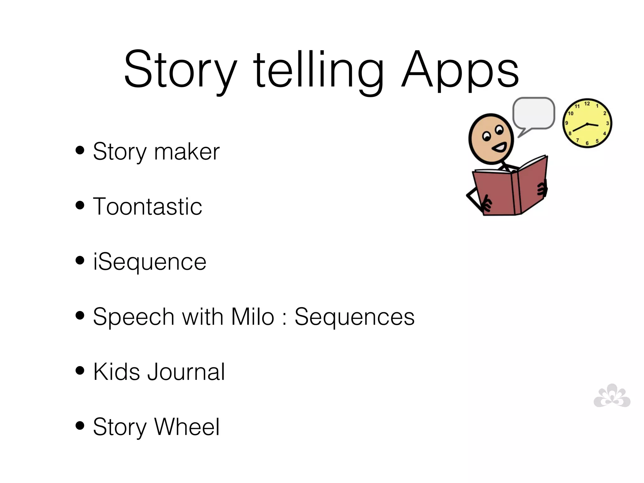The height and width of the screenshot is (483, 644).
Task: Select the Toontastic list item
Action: coord(147,207)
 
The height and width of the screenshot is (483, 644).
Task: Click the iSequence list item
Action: coord(150,262)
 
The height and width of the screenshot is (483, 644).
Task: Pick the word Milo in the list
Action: coord(253,317)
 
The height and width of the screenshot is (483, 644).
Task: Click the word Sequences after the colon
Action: coord(354,317)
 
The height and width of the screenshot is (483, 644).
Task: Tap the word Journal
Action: coord(186,372)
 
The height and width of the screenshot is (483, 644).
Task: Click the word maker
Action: coord(187,152)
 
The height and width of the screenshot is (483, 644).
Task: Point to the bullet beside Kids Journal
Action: coord(80,370)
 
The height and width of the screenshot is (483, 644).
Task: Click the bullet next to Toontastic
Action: coord(80,205)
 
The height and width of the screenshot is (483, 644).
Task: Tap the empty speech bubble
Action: coord(534,113)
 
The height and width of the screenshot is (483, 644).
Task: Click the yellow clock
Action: coord(587,123)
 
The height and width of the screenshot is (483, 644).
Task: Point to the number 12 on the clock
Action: coord(587,103)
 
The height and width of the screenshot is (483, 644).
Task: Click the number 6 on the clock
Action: coord(587,143)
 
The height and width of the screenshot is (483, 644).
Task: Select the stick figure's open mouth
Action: coord(499,147)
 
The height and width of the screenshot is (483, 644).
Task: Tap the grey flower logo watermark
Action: coord(612,396)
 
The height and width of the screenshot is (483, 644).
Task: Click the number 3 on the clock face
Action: coord(607,123)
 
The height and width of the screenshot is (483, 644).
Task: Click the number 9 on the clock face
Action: coord(566,123)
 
